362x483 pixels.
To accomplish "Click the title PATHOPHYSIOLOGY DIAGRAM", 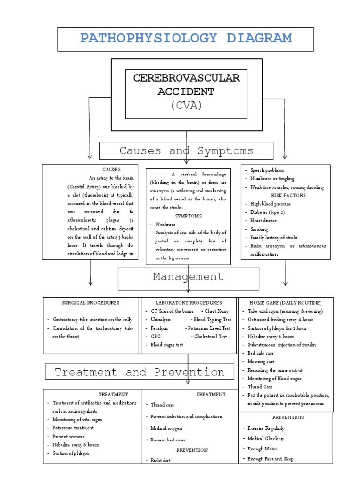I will (x=185, y=39).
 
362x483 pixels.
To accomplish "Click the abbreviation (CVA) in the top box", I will (x=186, y=105).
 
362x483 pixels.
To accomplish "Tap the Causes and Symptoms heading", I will (x=186, y=151).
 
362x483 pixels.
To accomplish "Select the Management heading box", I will (x=188, y=277).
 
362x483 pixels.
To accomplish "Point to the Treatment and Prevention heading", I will (x=140, y=372).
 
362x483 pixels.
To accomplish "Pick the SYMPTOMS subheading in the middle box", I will (x=188, y=216).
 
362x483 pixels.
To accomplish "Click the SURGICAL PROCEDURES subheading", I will (x=90, y=303).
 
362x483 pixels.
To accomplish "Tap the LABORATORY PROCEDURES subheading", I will (x=188, y=303).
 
